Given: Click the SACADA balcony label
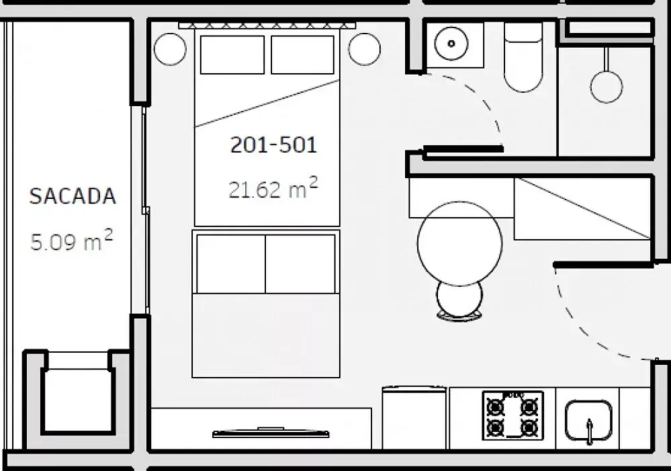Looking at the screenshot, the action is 73,196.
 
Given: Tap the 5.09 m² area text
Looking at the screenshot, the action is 71,241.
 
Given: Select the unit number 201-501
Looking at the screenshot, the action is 273,144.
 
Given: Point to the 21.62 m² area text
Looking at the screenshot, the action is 273,188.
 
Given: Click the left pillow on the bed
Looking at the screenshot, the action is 232,55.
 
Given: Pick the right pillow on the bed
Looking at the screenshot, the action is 302,55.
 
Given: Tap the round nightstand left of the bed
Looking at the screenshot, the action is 170,49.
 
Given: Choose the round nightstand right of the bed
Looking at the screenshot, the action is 364,49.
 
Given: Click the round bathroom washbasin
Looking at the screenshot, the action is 451,43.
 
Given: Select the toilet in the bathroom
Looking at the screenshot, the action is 523,57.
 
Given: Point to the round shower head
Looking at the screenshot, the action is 606,86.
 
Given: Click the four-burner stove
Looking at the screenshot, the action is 512,415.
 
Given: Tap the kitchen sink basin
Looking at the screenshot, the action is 588,421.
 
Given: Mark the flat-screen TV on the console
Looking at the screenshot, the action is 271,433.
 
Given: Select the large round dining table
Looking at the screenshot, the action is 459,243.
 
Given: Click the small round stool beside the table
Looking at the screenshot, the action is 459,298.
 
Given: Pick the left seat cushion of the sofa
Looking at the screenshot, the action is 230,264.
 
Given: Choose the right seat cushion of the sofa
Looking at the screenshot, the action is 300,264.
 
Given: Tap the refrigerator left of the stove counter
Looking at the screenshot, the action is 414,417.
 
